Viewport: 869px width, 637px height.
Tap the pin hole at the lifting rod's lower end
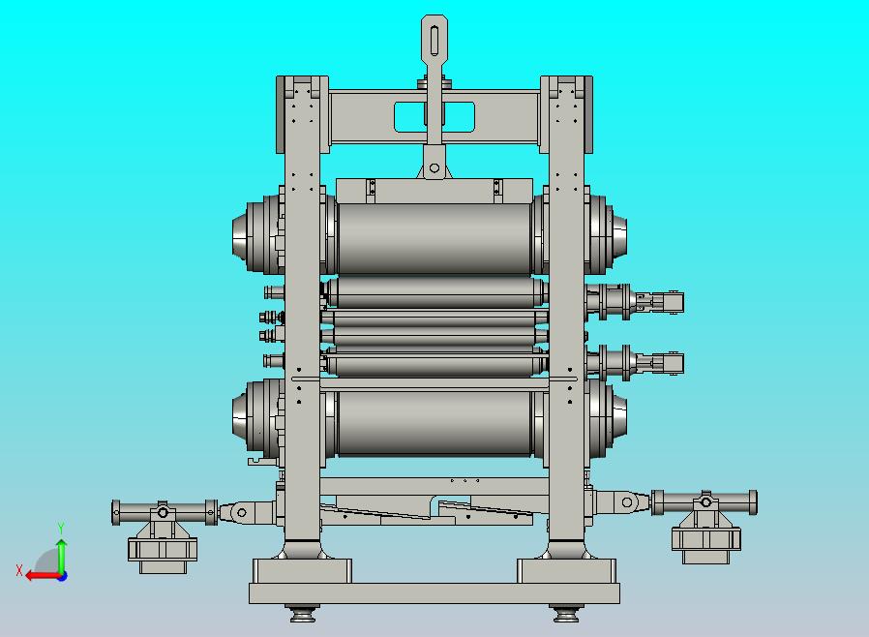pyautogui.click(x=434, y=167)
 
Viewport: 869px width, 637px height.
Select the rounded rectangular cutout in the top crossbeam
pyautogui.click(x=434, y=117)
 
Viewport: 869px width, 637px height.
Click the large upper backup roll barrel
pyautogui.click(x=434, y=238)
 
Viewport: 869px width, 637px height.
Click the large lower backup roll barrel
pyautogui.click(x=434, y=423)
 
